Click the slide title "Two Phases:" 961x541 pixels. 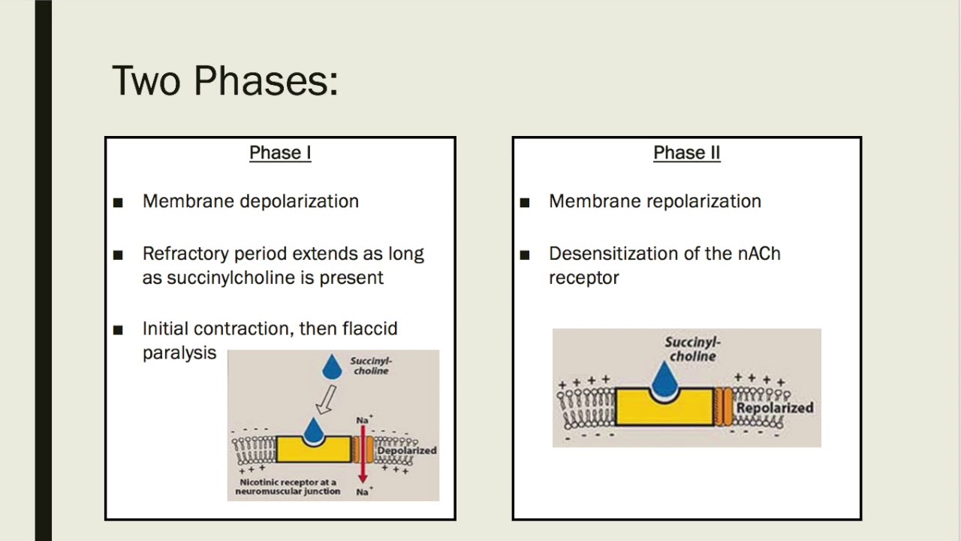[224, 80]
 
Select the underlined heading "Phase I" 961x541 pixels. [280, 153]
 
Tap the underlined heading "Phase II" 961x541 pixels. [686, 153]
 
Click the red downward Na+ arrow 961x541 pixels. [363, 451]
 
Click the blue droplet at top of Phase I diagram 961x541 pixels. [332, 367]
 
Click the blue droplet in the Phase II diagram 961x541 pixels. [664, 379]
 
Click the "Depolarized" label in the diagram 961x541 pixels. [406, 450]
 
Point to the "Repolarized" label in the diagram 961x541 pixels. [774, 408]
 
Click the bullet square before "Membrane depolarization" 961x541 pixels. [118, 202]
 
